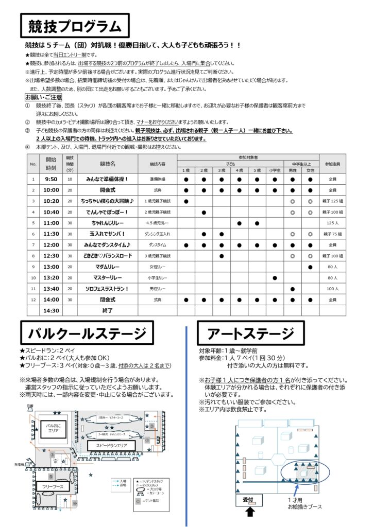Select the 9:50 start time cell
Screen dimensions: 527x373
pos(51,179)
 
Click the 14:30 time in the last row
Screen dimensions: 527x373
pos(51,310)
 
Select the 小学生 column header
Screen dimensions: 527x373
pos(275,170)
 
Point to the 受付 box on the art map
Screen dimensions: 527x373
pos(248,500)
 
